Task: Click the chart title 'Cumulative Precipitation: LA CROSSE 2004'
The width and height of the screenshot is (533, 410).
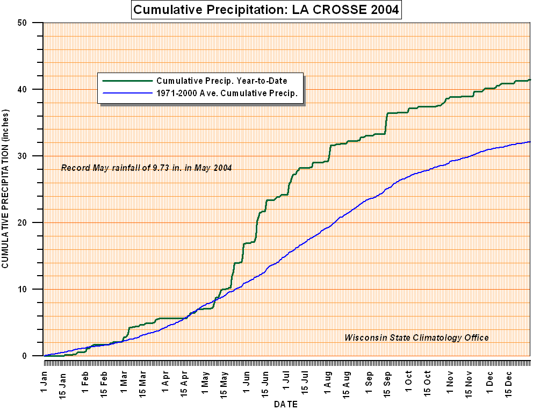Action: click(266, 10)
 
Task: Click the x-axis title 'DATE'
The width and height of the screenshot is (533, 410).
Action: click(286, 404)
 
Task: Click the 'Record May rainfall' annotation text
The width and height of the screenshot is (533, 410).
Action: click(146, 168)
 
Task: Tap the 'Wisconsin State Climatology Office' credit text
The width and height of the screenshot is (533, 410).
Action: click(416, 337)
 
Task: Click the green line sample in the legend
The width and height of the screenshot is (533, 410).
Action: click(127, 81)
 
